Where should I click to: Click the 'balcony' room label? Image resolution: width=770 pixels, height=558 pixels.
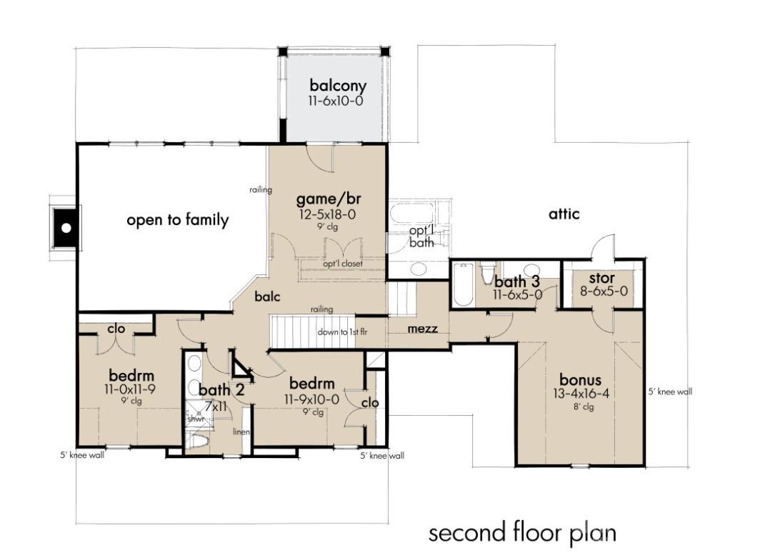pos(338,86)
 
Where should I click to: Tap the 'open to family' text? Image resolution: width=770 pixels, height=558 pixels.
pos(178,220)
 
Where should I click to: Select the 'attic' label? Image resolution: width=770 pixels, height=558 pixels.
pos(564,214)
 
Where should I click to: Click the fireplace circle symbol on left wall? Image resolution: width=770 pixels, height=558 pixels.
pos(66,229)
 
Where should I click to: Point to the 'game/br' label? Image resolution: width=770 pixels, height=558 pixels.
pos(326,199)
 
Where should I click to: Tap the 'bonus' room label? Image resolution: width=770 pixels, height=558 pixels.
pos(580,379)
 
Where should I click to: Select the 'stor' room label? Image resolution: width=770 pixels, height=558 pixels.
pos(601,277)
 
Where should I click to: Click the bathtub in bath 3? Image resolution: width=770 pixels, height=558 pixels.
pos(463,285)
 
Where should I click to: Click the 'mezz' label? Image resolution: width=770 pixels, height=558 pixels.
pos(422,329)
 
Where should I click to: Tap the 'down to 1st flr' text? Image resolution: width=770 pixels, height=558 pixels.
pos(338,333)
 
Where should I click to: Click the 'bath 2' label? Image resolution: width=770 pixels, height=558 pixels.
pos(221,390)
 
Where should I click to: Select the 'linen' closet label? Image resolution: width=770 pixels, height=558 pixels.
pos(240,432)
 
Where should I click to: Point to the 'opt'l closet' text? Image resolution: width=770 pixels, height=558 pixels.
pos(343,264)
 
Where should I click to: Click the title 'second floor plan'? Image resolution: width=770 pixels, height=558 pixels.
pos(521,532)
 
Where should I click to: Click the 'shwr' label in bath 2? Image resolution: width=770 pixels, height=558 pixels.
pos(196,419)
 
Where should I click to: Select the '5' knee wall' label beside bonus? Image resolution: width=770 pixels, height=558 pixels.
pos(670,392)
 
